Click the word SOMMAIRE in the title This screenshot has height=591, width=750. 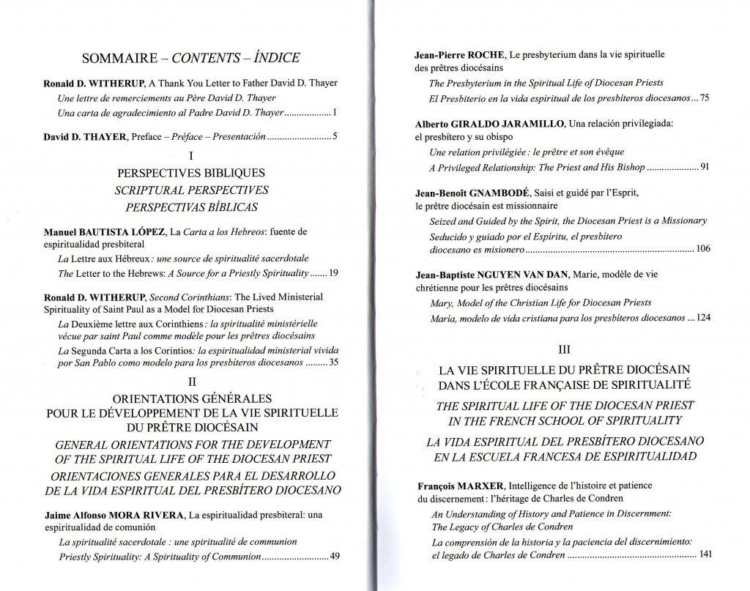[x=117, y=59]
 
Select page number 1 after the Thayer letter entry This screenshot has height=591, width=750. [x=333, y=114]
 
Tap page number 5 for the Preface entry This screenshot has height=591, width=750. [x=334, y=137]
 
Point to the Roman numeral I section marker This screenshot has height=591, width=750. [x=190, y=155]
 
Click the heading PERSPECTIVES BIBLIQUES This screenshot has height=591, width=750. [x=190, y=173]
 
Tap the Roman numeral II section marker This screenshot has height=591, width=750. [x=190, y=381]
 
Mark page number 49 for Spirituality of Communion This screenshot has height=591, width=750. [x=335, y=557]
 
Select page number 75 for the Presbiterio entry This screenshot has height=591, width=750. [x=705, y=97]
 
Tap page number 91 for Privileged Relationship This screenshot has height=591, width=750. [x=705, y=167]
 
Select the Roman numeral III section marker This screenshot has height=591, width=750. [x=563, y=350]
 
